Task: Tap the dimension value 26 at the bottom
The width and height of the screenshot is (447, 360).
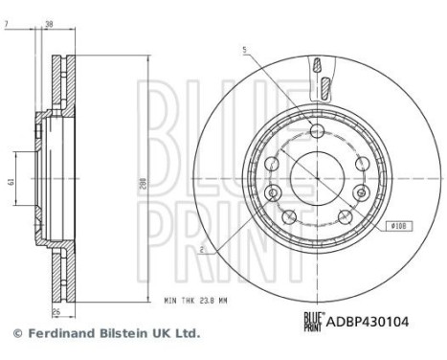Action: [56, 311]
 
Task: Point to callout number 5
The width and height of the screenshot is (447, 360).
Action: [244, 49]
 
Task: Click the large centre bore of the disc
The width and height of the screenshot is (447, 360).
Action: [314, 172]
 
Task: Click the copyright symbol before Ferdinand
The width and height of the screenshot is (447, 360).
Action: [16, 334]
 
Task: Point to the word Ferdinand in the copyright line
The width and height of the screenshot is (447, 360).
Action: [57, 334]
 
